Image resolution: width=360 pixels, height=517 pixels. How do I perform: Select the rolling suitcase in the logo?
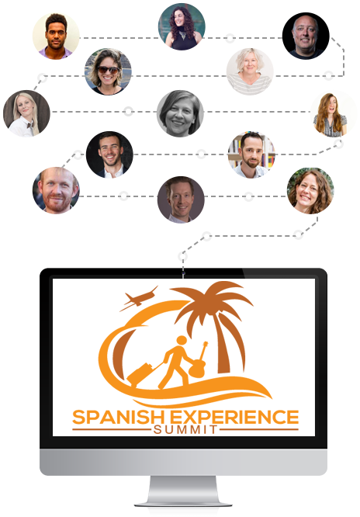(x=140, y=375)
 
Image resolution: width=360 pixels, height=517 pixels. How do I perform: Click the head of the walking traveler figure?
(x=182, y=342)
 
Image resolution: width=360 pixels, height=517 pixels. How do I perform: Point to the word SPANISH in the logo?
(x=118, y=417)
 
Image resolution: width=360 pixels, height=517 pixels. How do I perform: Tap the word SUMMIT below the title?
(x=185, y=429)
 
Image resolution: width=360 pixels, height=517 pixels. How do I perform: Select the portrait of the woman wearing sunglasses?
(x=108, y=71)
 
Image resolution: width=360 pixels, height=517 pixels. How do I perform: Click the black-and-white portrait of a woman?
(x=180, y=113)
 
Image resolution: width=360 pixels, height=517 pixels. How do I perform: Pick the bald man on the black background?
(x=306, y=36)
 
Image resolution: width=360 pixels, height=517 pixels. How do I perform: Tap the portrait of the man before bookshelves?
(x=251, y=154)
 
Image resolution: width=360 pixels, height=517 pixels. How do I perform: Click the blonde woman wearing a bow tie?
(x=26, y=113)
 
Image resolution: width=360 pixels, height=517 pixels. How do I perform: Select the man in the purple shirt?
(x=56, y=36)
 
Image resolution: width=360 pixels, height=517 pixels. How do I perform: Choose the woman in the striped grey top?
(x=250, y=71)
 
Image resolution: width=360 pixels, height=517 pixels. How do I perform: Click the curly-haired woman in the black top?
(x=182, y=26)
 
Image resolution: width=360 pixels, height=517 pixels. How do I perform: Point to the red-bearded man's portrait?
(x=56, y=190)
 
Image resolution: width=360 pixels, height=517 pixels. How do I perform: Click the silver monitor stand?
(x=183, y=491)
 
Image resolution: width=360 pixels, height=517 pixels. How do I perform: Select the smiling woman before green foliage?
(x=310, y=191)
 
